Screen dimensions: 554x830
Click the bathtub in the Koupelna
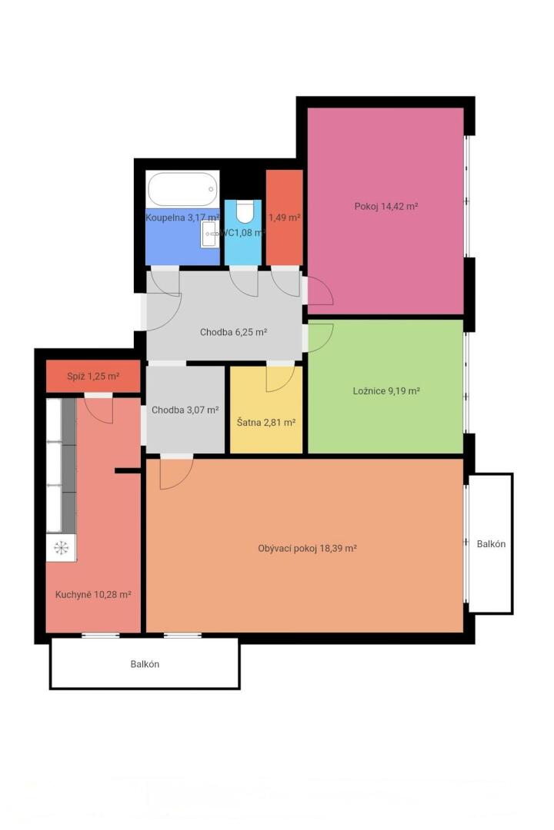[x=182, y=188]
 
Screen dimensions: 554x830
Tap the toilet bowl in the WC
[x=245, y=212]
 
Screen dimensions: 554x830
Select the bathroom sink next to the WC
[x=209, y=234]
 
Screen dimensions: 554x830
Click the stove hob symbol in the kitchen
[x=61, y=547]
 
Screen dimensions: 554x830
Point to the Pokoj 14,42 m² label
[x=386, y=207]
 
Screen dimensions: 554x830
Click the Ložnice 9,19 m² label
[x=386, y=391]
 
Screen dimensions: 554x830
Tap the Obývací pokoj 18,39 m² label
[x=307, y=549]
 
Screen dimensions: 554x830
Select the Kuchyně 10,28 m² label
[x=93, y=594]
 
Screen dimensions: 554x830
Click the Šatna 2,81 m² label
[x=266, y=423]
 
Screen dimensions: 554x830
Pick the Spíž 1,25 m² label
[x=93, y=377]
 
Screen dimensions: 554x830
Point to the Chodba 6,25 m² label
[x=233, y=333]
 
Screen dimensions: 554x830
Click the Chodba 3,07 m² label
[x=185, y=410]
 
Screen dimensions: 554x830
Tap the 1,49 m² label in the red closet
[x=284, y=217]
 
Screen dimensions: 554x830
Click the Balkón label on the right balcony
[x=491, y=544]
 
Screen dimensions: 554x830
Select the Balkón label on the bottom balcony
[x=145, y=664]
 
